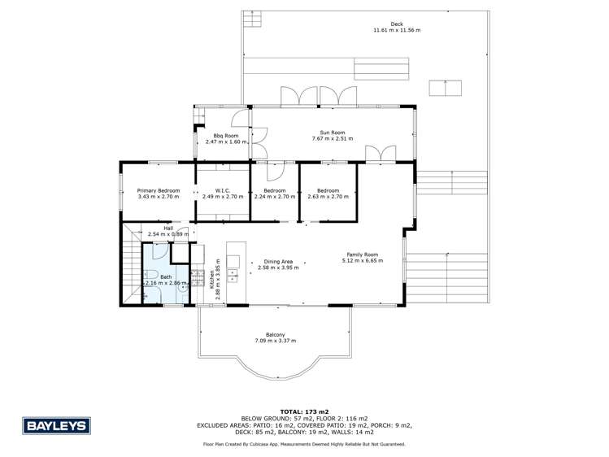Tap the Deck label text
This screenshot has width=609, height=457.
pos(396,24)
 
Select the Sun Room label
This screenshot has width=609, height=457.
pos(333,133)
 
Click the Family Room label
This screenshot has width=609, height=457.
pos(362,255)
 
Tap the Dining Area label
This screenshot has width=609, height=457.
pos(278,261)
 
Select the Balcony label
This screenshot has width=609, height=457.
pos(275,334)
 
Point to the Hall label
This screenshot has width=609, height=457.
pos(168,228)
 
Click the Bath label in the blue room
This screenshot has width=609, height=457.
pos(166,277)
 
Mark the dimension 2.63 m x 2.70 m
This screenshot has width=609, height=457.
pos(328,197)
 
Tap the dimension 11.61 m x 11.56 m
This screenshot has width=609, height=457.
pos(396,30)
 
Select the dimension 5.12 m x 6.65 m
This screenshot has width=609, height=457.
pos(362,260)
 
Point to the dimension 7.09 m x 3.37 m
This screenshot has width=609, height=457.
pos(275,340)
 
